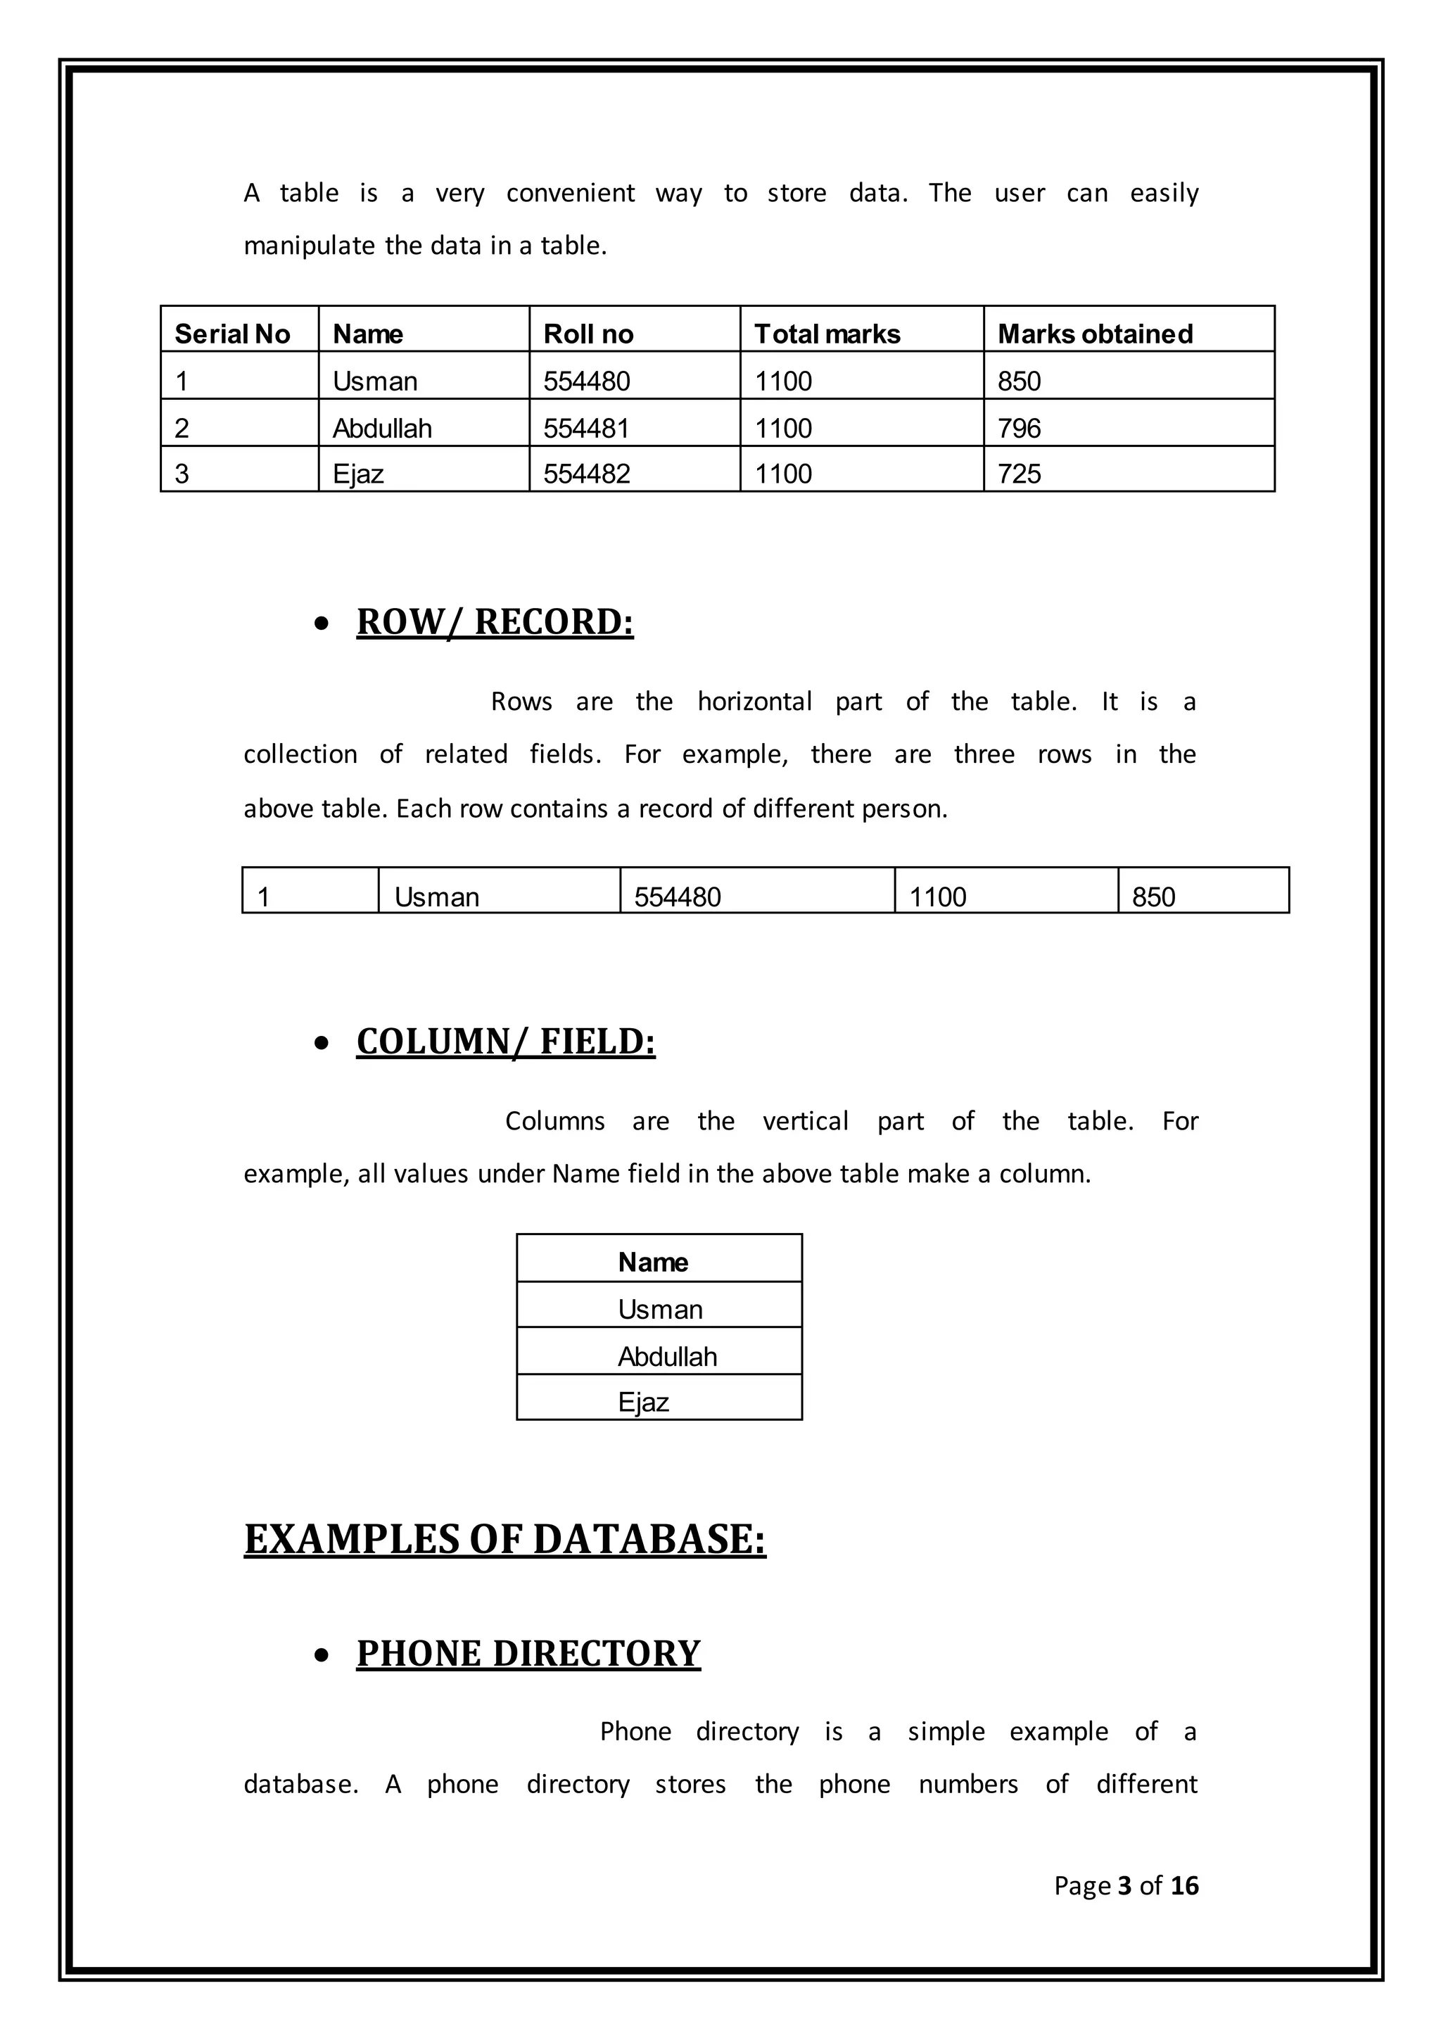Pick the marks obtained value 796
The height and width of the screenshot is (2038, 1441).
(1019, 428)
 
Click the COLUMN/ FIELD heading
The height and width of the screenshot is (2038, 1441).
(505, 1042)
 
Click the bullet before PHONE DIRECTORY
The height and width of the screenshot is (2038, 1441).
(322, 1655)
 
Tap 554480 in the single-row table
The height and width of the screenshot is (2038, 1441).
(677, 897)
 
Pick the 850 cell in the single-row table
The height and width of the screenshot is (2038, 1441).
(1153, 897)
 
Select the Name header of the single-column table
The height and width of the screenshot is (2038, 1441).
(652, 1262)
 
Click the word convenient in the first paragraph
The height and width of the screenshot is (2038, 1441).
(570, 194)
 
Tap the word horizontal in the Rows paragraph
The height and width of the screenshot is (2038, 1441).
(754, 702)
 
